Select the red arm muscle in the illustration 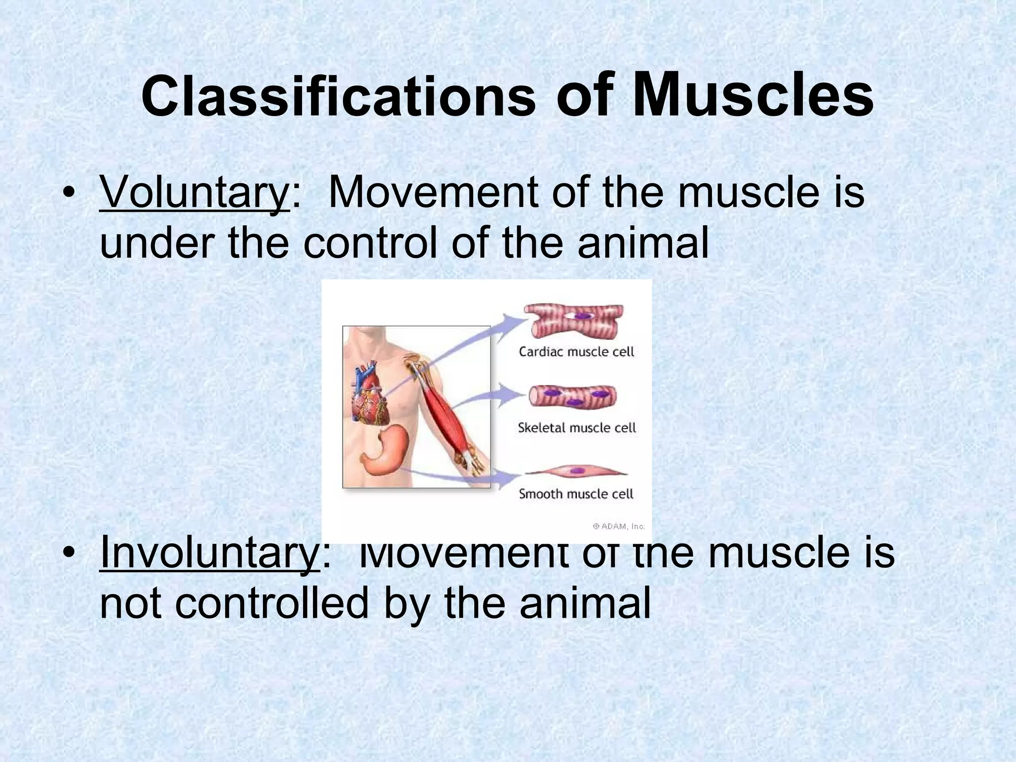coord(444,417)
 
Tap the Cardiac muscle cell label coord(576,352)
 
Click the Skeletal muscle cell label coord(576,428)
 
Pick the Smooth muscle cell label coord(576,494)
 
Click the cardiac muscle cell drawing coord(574,320)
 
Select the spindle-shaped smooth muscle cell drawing coord(575,472)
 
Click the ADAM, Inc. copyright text coord(619,526)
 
